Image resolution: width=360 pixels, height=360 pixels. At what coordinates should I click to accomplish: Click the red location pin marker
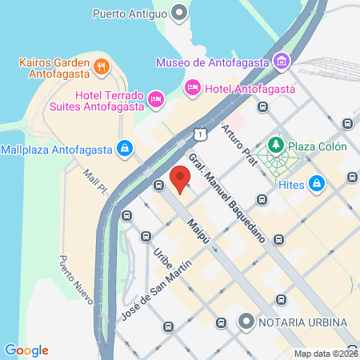pos(180,178)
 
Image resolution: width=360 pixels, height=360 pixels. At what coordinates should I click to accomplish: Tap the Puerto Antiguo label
pos(130,13)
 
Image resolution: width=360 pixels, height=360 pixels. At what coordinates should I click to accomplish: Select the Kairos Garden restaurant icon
pos(102,66)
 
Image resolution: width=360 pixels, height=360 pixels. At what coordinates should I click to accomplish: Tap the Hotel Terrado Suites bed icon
pos(156,100)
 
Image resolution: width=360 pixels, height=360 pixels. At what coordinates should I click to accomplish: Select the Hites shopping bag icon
pos(318,183)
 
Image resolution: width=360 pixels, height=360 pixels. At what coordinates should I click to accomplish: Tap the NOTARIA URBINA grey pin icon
pos(246,322)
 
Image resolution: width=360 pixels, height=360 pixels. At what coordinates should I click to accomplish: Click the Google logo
pos(26,350)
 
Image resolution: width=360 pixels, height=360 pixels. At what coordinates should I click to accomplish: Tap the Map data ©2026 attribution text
pos(325,353)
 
